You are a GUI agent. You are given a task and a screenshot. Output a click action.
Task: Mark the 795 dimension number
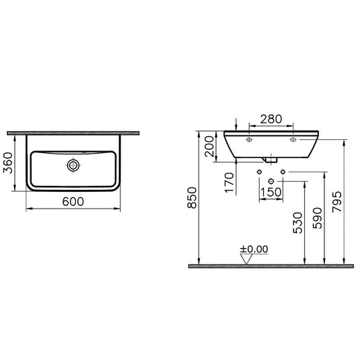[337, 202]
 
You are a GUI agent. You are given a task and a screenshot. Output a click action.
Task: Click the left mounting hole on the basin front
[249, 141]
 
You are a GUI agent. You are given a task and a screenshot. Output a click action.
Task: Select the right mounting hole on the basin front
[293, 141]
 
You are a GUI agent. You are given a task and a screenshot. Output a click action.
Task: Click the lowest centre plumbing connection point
[271, 182]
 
